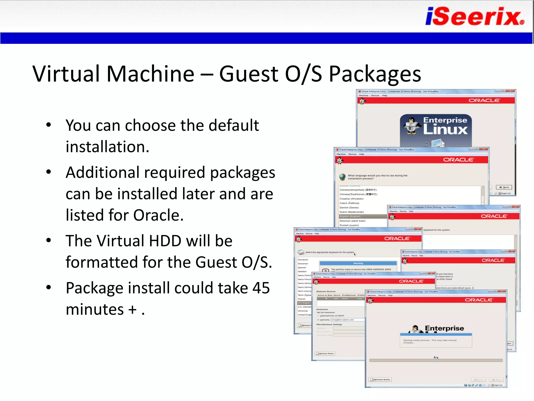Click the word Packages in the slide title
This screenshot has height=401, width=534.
375,74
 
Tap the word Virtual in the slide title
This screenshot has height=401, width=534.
66,74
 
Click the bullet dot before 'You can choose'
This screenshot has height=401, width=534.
48,125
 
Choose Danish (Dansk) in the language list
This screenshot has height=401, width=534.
349,208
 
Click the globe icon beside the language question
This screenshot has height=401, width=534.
342,177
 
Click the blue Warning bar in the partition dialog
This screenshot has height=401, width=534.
358,263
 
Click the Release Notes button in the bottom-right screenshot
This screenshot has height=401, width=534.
380,380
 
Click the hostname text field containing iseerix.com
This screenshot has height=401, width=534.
347,320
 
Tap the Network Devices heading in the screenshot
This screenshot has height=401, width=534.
326,291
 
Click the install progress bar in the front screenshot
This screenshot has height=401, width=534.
436,361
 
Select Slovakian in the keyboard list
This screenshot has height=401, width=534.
303,260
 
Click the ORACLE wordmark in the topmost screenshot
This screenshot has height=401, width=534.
484,101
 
